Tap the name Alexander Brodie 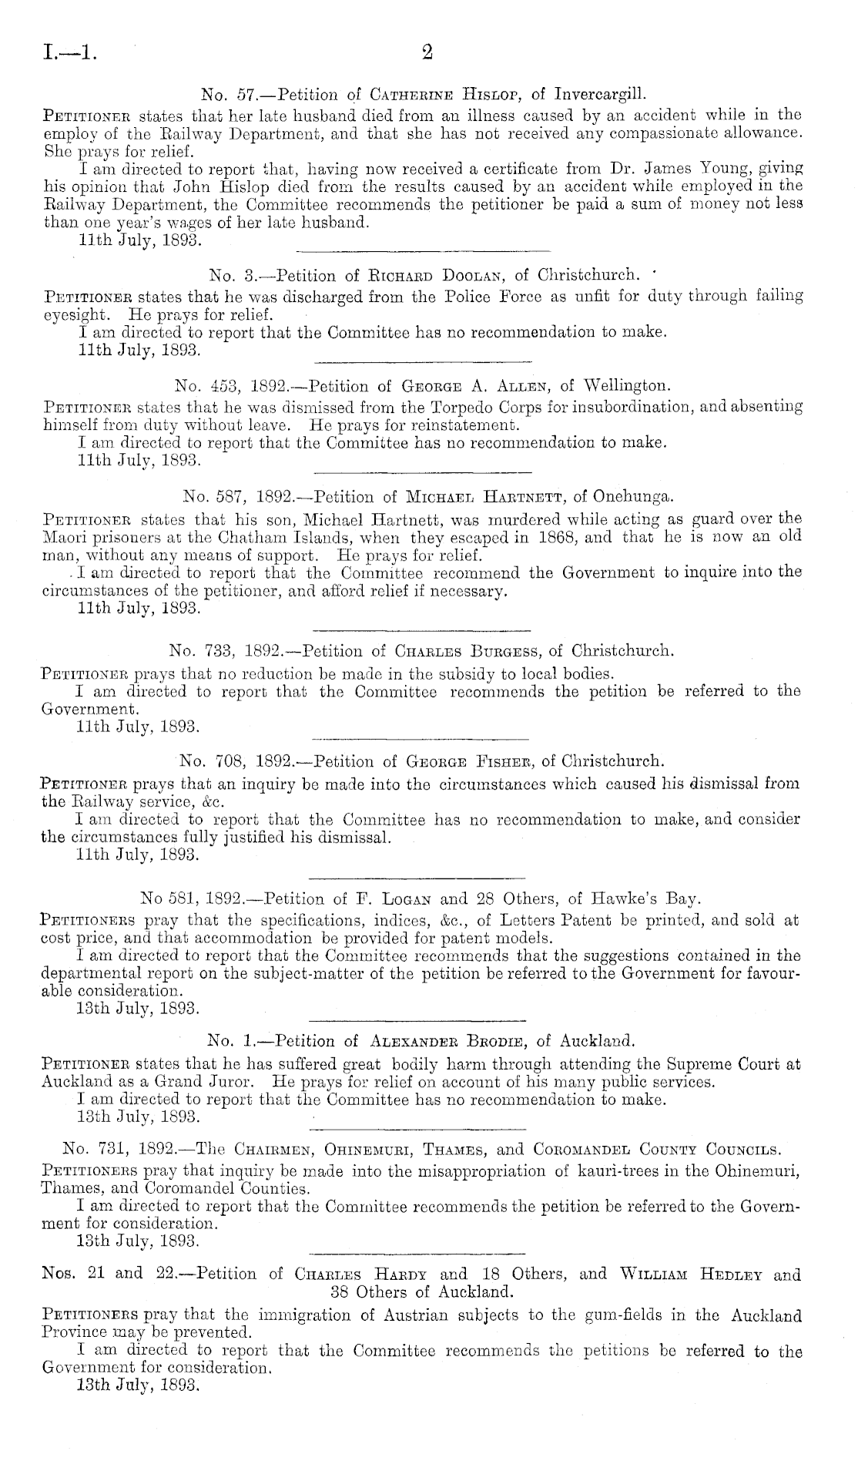(444, 1043)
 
